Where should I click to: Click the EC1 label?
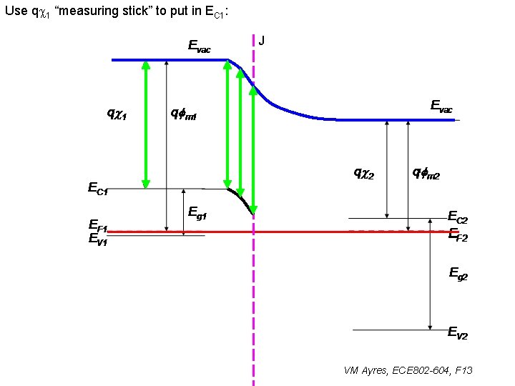tap(98, 189)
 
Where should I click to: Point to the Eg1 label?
tap(197, 212)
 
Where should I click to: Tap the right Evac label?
tap(441, 106)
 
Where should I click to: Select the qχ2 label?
tap(364, 172)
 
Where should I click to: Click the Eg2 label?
tap(458, 272)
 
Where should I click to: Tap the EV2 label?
tap(458, 332)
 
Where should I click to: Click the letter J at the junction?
tap(262, 41)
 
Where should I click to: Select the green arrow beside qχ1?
tap(145, 123)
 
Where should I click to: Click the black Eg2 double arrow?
tap(429, 280)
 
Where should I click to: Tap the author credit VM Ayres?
tap(408, 370)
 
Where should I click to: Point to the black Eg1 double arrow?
tap(184, 210)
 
